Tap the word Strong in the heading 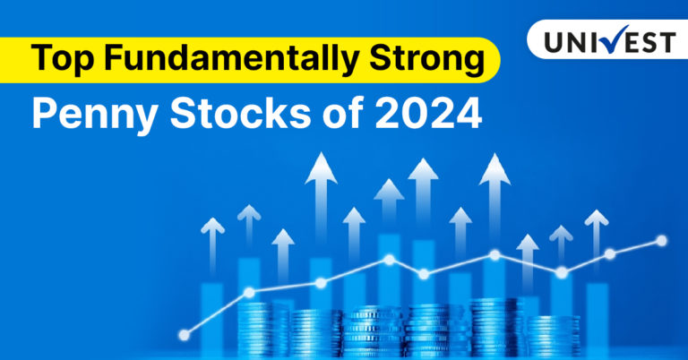(x=429, y=59)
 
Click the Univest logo (x=608, y=40)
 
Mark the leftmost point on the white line (x=185, y=335)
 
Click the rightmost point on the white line (x=662, y=240)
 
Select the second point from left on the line (x=249, y=292)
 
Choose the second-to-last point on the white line (x=610, y=254)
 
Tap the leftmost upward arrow (x=212, y=237)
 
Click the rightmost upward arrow (x=596, y=228)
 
